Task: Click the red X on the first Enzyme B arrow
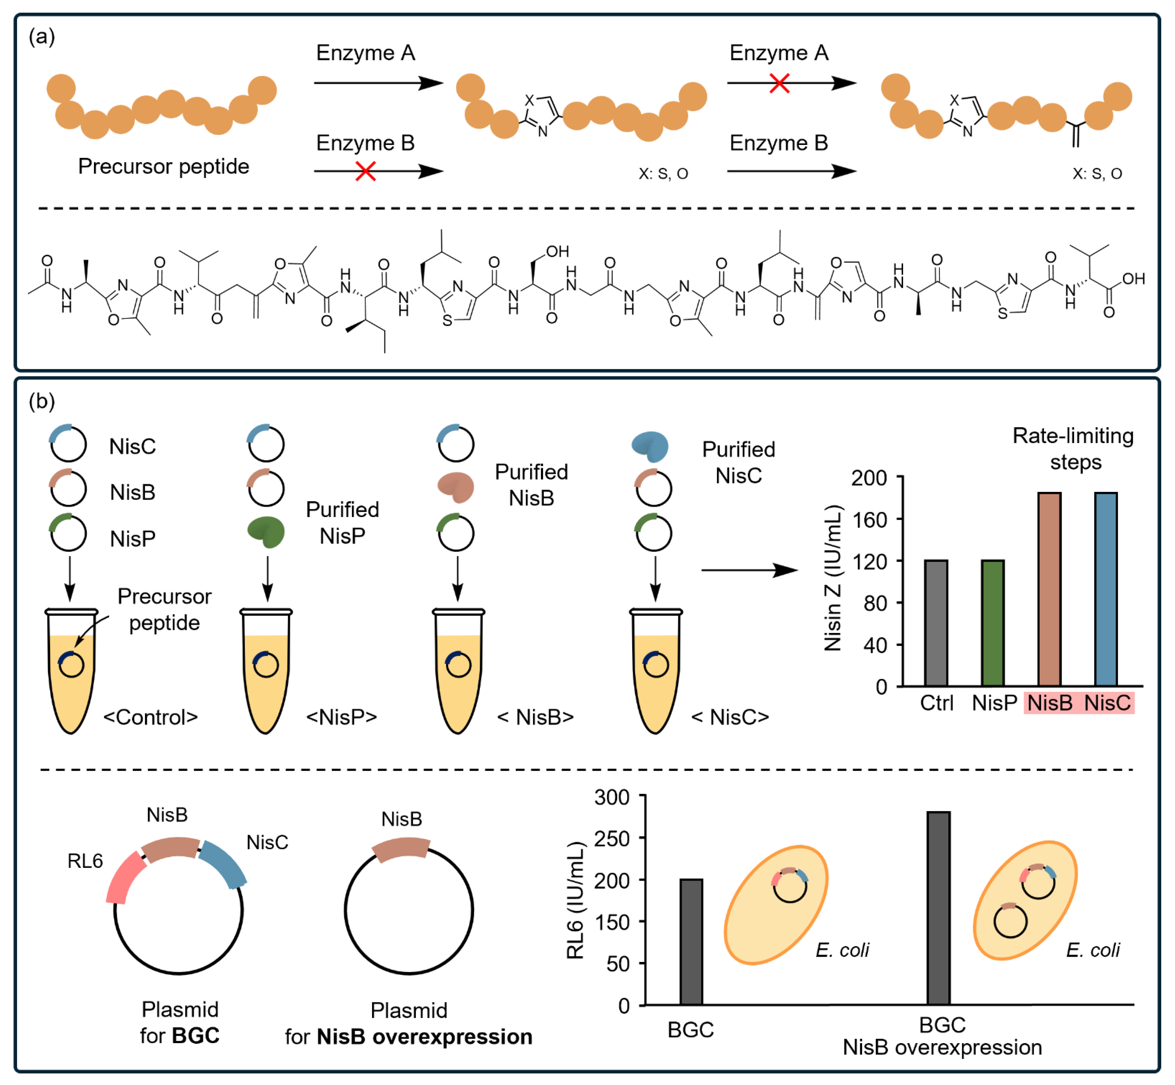365,171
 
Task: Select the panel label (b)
42,402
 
